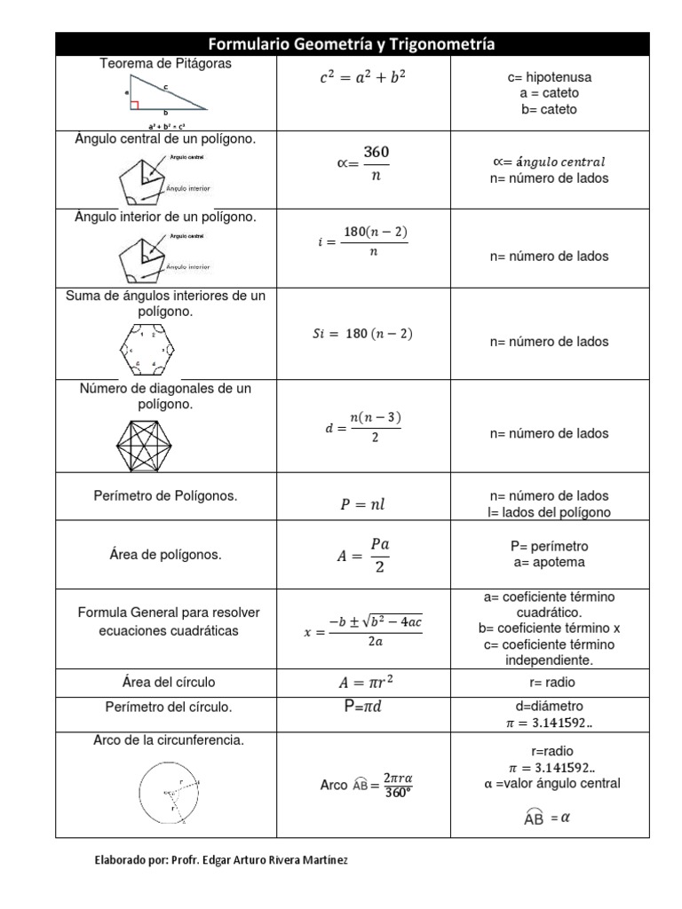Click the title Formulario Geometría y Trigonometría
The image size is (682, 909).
(x=352, y=44)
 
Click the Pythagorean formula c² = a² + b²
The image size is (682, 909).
(x=362, y=78)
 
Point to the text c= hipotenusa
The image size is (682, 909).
(x=549, y=78)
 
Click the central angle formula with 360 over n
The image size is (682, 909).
(x=366, y=163)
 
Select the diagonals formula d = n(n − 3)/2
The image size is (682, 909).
(x=363, y=428)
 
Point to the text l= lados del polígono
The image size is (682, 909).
(x=549, y=512)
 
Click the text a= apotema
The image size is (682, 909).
(x=549, y=562)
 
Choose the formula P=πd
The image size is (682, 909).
(x=362, y=707)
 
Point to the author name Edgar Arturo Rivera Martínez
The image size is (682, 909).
(x=253, y=860)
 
